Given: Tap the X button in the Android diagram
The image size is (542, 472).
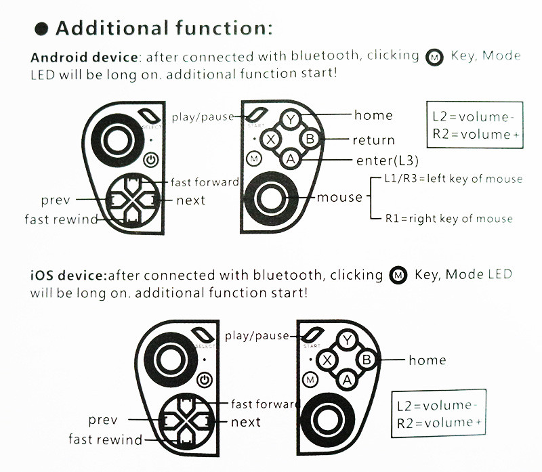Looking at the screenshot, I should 271,140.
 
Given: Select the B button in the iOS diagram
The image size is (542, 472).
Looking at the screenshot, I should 367,360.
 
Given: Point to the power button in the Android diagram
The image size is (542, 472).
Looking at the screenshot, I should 151,160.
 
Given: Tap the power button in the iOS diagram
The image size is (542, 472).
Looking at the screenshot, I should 205,381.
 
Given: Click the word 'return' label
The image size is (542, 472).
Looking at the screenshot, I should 373,140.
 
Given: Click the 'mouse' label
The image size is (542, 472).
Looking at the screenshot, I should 340,197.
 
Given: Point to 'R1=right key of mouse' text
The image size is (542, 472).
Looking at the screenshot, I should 449,219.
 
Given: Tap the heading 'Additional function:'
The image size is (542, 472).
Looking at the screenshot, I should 164,28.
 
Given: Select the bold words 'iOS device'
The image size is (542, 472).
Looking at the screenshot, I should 68,276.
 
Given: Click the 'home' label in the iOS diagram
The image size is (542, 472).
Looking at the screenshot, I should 427,360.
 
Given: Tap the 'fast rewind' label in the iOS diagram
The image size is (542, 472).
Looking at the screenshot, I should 105,439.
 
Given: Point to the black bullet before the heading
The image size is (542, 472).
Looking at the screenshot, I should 41,29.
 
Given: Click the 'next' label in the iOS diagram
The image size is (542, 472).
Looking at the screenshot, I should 245,422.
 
